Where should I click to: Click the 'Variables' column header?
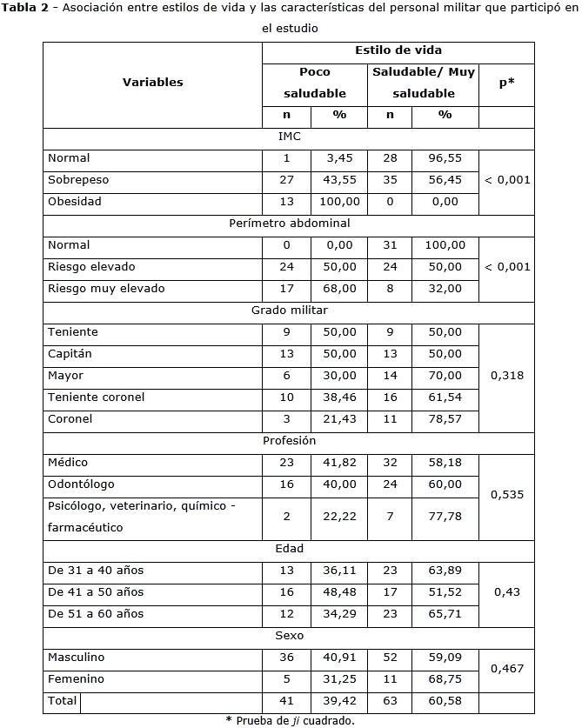click(152, 83)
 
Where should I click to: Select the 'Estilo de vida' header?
click(398, 50)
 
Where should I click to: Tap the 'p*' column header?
click(506, 83)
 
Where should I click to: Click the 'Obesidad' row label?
click(75, 201)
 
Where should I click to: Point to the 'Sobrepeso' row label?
click(78, 179)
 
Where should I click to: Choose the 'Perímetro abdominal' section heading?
click(289, 223)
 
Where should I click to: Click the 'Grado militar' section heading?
click(289, 310)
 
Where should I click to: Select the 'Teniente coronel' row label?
click(97, 397)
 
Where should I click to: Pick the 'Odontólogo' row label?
click(82, 484)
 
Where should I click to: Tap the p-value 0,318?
click(506, 376)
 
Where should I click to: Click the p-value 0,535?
click(506, 495)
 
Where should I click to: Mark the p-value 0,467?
click(506, 668)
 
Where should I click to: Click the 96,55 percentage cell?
click(445, 158)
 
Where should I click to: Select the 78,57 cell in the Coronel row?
click(445, 418)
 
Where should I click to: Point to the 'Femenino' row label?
click(77, 678)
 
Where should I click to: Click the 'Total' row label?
click(63, 700)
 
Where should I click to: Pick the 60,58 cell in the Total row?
click(445, 700)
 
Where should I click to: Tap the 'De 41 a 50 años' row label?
click(96, 591)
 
